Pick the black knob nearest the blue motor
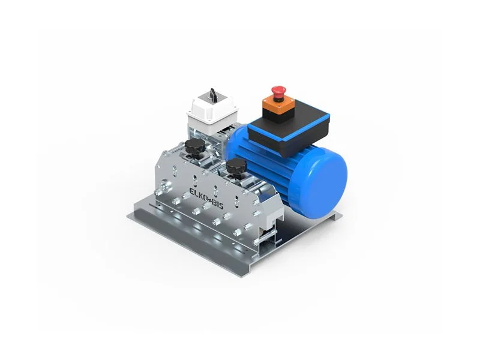pyautogui.click(x=236, y=167)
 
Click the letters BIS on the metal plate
pyautogui.click(x=218, y=204)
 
